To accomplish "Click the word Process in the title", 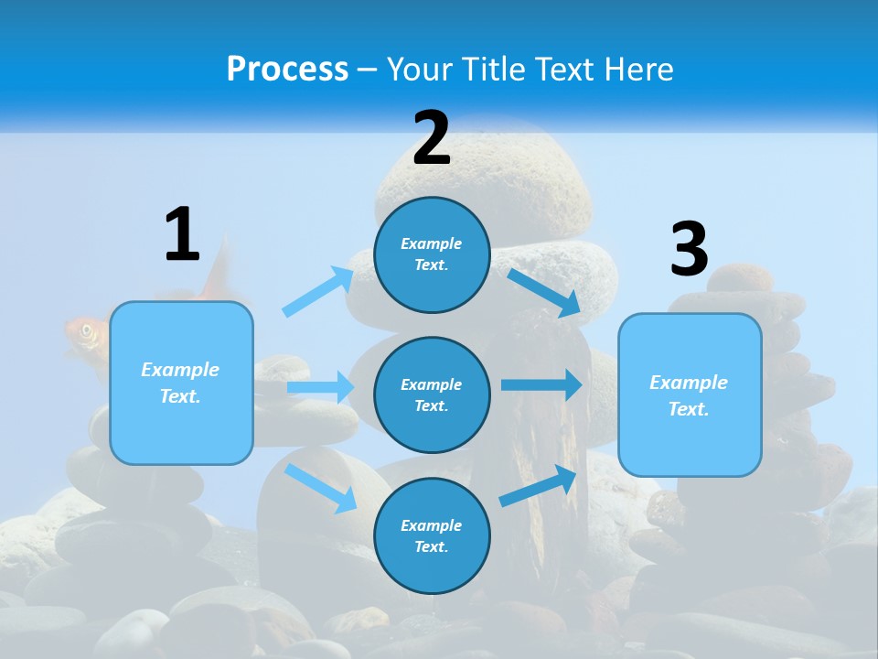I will pyautogui.click(x=287, y=70).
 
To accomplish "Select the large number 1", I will pyautogui.click(x=182, y=234).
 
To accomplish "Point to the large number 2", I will pyautogui.click(x=432, y=138).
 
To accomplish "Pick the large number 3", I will pyautogui.click(x=689, y=249).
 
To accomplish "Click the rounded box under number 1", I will pyautogui.click(x=181, y=383).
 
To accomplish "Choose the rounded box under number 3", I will pyautogui.click(x=690, y=394).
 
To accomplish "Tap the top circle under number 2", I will pyautogui.click(x=432, y=254).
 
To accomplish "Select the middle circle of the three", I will pyautogui.click(x=432, y=394).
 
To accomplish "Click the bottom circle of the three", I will pyautogui.click(x=432, y=535).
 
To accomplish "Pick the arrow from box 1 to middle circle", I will pyautogui.click(x=321, y=387).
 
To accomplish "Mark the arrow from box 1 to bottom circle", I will pyautogui.click(x=321, y=488).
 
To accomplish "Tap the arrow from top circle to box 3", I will pyautogui.click(x=544, y=292).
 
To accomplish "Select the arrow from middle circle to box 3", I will pyautogui.click(x=541, y=384).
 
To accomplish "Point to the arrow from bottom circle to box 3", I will pyautogui.click(x=538, y=485).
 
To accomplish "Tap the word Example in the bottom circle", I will pyautogui.click(x=432, y=525).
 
